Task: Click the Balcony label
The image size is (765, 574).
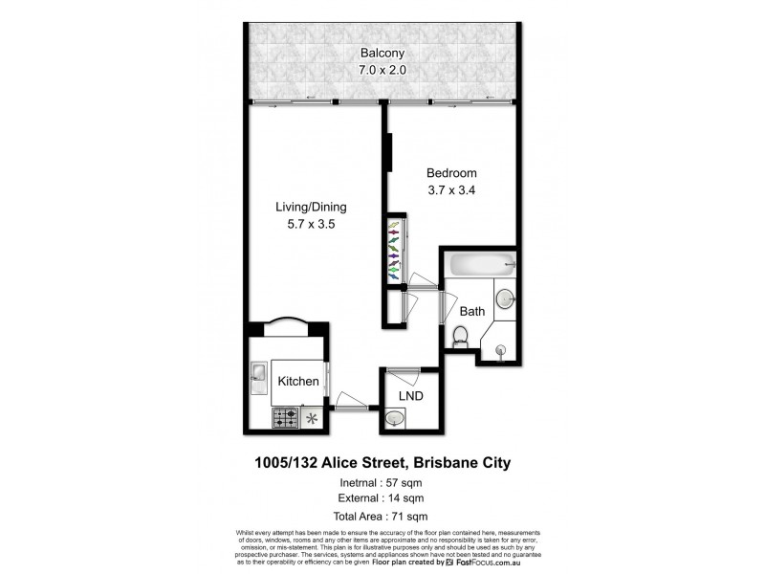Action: [381, 53]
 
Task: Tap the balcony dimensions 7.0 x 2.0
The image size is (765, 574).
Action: [381, 71]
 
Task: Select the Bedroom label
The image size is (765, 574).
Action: [451, 173]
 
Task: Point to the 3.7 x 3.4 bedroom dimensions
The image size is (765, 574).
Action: [451, 190]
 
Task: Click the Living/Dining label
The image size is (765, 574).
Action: [310, 207]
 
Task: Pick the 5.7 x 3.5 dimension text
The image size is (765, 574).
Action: [310, 225]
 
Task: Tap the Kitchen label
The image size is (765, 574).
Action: [298, 382]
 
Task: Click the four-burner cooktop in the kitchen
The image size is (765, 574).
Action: [285, 418]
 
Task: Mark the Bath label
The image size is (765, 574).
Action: [472, 312]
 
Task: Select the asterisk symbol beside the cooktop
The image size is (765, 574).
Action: [311, 417]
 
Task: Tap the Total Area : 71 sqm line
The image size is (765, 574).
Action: [382, 516]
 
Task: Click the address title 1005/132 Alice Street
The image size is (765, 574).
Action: [382, 463]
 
